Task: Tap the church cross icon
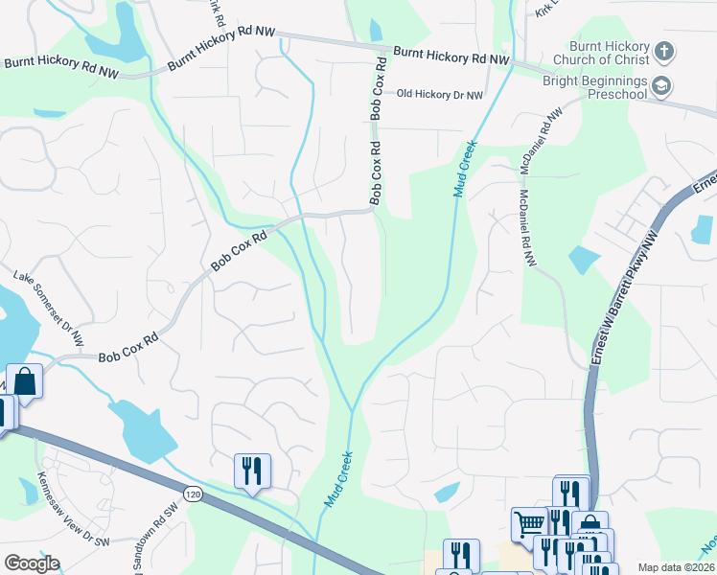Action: pyautogui.click(x=666, y=50)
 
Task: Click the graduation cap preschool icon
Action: pyautogui.click(x=661, y=87)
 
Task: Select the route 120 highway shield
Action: pyautogui.click(x=194, y=494)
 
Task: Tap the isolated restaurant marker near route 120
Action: pyautogui.click(x=252, y=471)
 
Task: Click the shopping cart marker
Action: pyautogui.click(x=528, y=523)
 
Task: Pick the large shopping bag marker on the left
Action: pyautogui.click(x=25, y=380)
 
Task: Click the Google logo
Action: pyautogui.click(x=32, y=563)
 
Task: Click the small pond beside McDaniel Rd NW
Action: pyautogui.click(x=583, y=260)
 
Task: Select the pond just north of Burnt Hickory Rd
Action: pyautogui.click(x=375, y=30)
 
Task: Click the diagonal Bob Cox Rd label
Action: pyautogui.click(x=239, y=249)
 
